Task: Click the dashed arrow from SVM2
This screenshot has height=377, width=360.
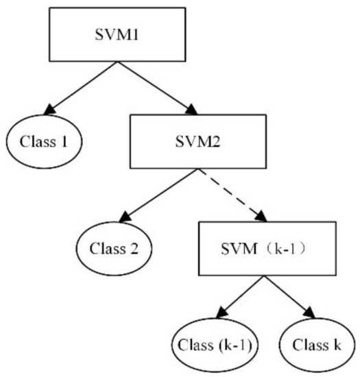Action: click(x=229, y=193)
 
